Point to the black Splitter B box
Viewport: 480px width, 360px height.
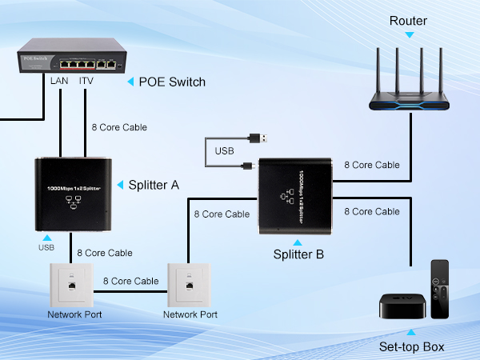(x=294, y=196)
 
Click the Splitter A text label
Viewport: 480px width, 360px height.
(x=154, y=185)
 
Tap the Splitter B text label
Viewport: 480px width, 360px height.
(x=298, y=255)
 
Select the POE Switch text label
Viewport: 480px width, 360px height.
(x=172, y=82)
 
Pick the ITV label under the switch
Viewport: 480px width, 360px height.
(x=87, y=82)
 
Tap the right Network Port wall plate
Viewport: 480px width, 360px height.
(x=190, y=284)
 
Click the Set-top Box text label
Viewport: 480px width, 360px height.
(x=411, y=347)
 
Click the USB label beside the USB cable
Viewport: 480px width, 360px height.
(x=225, y=151)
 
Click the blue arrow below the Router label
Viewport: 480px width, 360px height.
(x=410, y=34)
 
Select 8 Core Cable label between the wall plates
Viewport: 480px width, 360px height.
(x=130, y=281)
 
